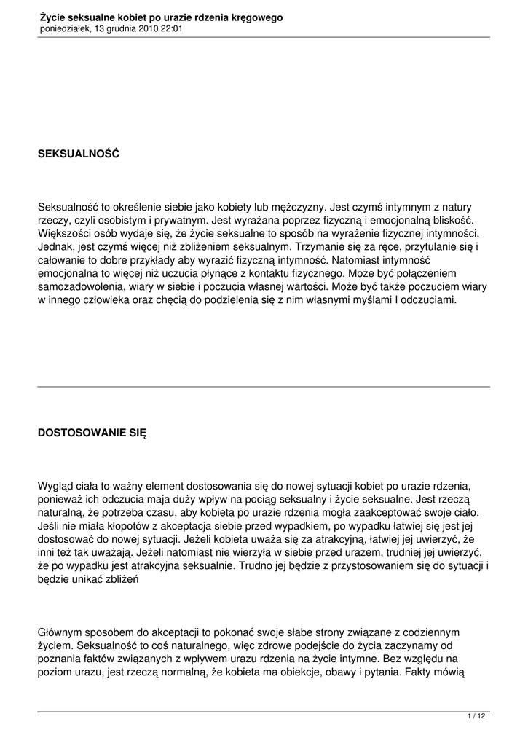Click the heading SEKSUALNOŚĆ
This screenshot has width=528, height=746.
click(x=78, y=154)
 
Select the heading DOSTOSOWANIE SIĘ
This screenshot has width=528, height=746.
click(x=92, y=431)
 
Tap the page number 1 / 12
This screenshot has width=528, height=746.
click(x=476, y=717)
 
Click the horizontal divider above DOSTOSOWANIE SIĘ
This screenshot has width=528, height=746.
click(x=264, y=387)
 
